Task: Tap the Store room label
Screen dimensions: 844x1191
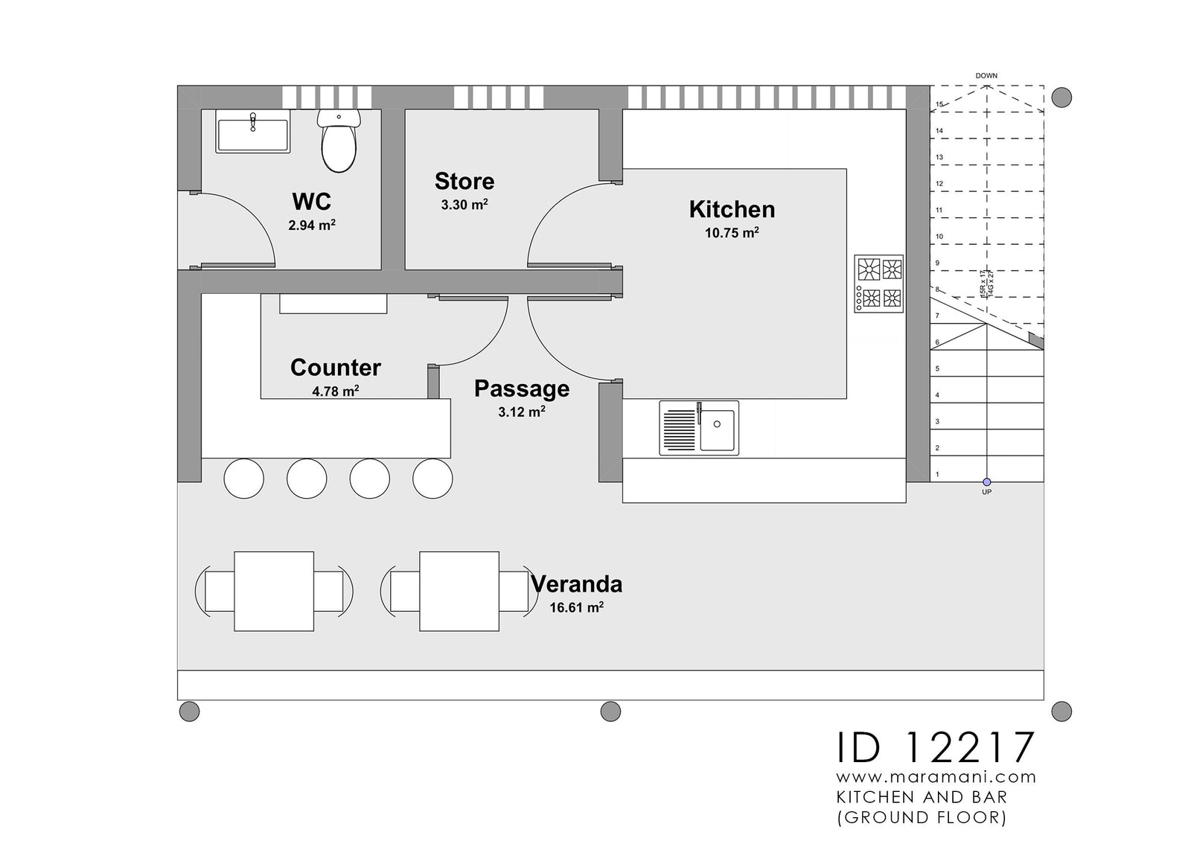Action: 464,182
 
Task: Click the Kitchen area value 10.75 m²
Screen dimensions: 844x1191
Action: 732,233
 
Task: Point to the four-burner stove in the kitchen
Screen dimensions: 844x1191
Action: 879,284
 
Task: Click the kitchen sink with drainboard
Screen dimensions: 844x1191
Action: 699,428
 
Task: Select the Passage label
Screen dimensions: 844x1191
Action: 521,389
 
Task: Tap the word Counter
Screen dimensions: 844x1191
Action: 335,367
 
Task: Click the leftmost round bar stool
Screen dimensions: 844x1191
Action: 243,479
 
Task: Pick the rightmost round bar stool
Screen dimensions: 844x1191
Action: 432,479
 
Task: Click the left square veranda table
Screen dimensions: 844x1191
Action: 274,591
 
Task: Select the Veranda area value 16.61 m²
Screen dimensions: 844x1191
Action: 576,607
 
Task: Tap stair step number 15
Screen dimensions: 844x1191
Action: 939,105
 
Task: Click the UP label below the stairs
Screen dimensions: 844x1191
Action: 986,492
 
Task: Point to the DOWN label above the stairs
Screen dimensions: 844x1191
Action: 986,76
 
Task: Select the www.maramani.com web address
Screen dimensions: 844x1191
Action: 936,777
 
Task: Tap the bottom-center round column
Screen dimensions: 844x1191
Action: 610,712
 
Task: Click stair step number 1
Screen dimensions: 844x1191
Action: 937,474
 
